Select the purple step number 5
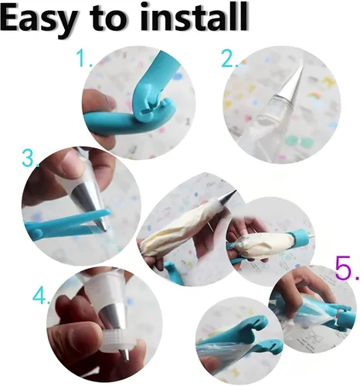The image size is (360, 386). click(x=343, y=269)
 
